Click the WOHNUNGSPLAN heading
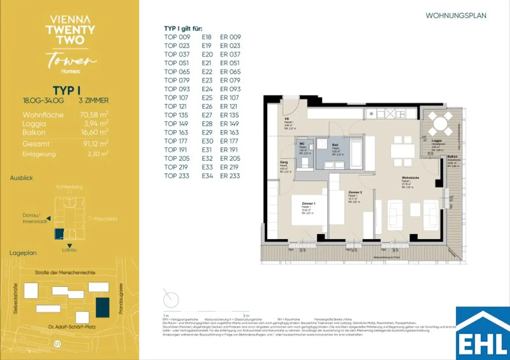(x=456, y=16)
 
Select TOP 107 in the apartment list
(x=176, y=98)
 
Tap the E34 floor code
(x=207, y=176)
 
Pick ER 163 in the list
(x=229, y=132)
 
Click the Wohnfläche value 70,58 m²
(x=94, y=115)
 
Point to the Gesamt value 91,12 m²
(x=95, y=144)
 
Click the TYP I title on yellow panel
(x=66, y=91)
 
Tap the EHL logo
(x=483, y=333)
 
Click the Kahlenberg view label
(x=69, y=187)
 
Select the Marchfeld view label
(x=105, y=219)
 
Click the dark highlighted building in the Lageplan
(x=103, y=307)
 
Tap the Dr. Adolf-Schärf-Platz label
(x=72, y=327)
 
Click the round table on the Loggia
(x=440, y=124)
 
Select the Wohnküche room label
(x=410, y=178)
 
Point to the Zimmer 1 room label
(x=308, y=203)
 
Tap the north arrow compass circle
(x=171, y=300)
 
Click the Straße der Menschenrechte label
(x=65, y=272)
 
